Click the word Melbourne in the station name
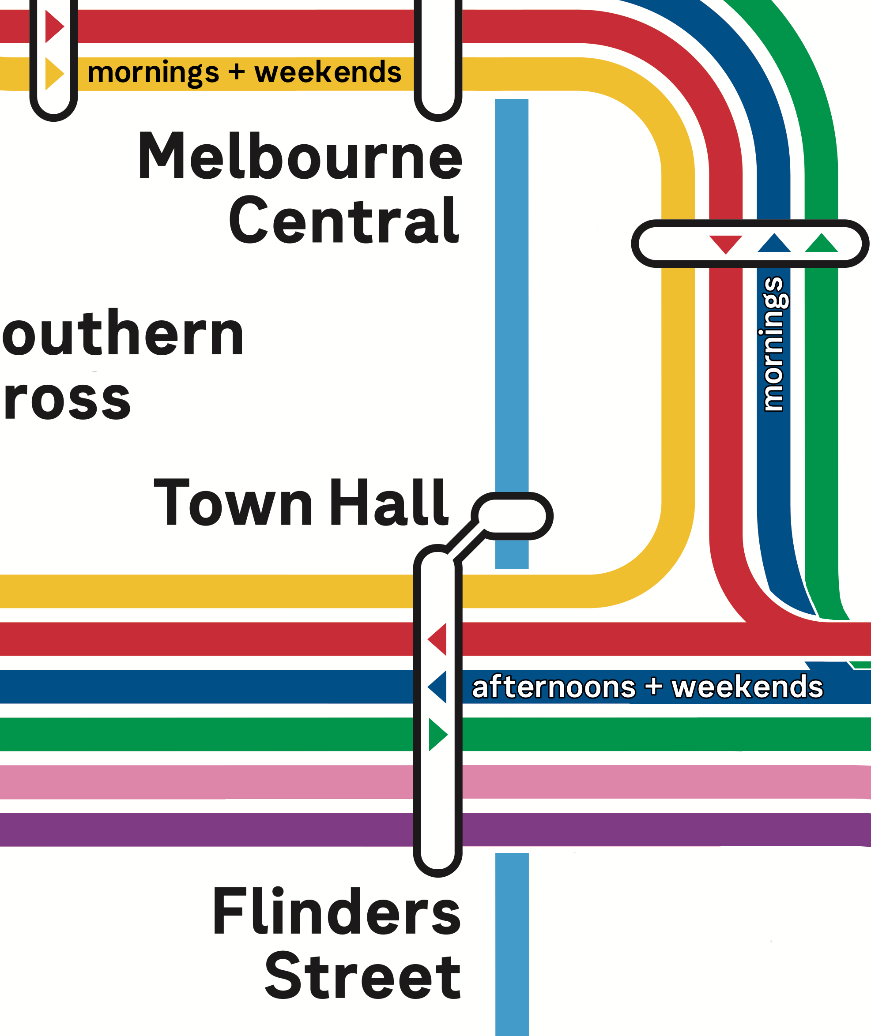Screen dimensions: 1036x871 (300, 157)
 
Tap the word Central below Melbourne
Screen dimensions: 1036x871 (344, 221)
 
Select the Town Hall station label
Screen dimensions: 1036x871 (301, 503)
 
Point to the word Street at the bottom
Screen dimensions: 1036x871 (363, 977)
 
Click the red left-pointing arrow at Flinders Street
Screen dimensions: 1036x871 (437, 639)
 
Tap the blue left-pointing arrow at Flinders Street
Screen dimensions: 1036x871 (437, 687)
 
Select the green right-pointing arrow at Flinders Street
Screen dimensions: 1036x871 (437, 735)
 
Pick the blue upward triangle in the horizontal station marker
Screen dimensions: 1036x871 (774, 243)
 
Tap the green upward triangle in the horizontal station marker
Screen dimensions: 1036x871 (821, 243)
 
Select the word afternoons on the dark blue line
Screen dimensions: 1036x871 (554, 687)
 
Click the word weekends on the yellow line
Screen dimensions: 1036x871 (328, 72)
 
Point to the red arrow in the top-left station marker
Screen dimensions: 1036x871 (54, 26)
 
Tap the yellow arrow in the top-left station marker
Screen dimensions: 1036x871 (54, 74)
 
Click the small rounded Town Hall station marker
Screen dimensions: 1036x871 (512, 516)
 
